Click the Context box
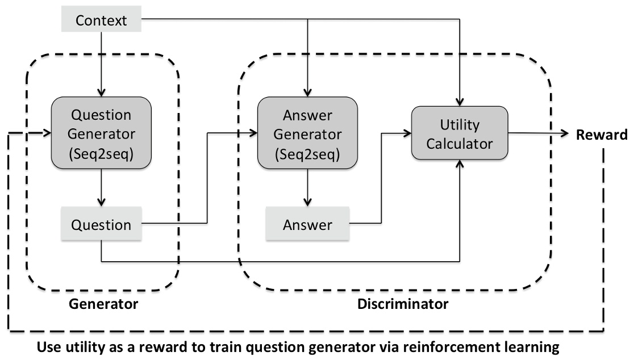click(102, 22)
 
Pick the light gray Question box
click(101, 225)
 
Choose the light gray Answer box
click(307, 225)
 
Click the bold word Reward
click(601, 135)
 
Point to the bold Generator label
click(103, 304)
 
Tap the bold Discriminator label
click(402, 304)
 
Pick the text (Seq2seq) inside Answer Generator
click(307, 153)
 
